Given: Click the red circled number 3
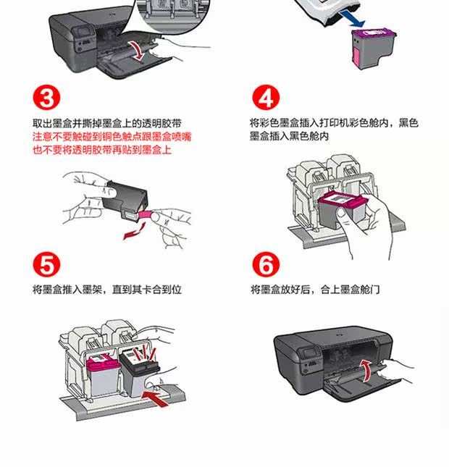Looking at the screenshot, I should (46, 98).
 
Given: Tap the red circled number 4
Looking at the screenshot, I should (265, 98).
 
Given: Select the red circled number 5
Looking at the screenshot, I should (46, 265).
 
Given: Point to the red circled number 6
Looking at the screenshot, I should (265, 265).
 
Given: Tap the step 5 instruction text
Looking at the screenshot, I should (106, 290).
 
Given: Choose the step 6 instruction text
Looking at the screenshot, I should (315, 290).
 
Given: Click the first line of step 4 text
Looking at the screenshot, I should (334, 124).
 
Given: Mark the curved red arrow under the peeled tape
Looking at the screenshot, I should (132, 232).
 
